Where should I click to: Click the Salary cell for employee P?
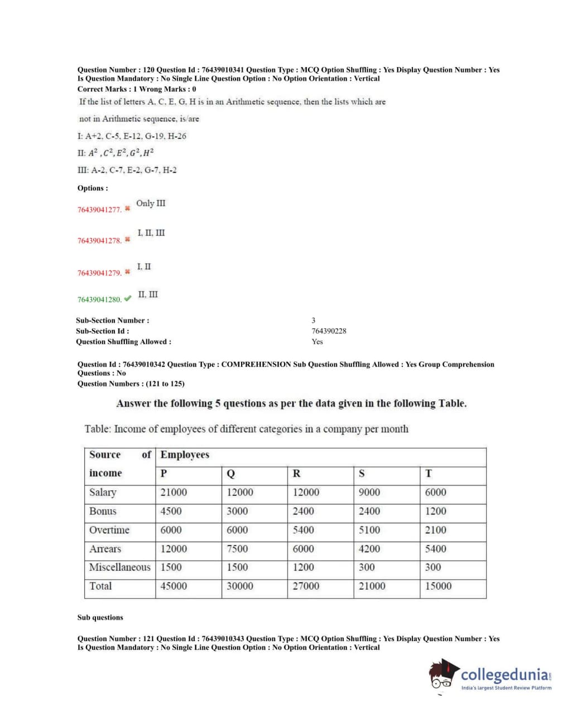(x=174, y=493)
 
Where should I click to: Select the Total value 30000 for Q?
(x=239, y=586)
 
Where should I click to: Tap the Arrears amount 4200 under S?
(x=369, y=549)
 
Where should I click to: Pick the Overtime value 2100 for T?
(x=435, y=530)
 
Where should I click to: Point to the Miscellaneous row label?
(x=119, y=567)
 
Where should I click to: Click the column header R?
(x=296, y=474)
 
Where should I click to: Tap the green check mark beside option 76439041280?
(x=128, y=299)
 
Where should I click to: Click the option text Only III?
(x=151, y=203)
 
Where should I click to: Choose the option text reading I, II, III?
(x=151, y=233)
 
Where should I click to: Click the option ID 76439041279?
(x=99, y=273)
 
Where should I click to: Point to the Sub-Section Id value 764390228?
(x=329, y=331)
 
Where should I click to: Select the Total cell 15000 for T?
(x=438, y=586)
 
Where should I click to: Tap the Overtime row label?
(x=109, y=530)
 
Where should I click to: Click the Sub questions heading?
(x=100, y=618)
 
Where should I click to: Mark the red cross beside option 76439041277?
(x=128, y=209)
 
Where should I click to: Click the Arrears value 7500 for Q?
(x=237, y=549)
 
